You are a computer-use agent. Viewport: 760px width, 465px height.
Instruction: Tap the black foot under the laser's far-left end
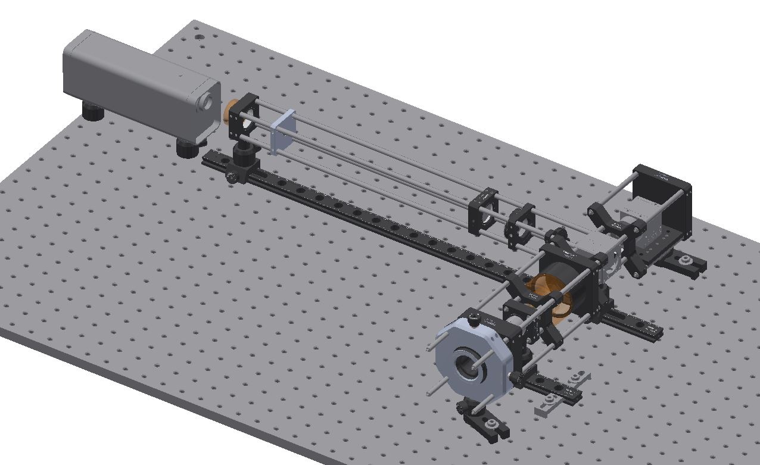92,112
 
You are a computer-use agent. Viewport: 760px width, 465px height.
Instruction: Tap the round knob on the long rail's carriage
231,176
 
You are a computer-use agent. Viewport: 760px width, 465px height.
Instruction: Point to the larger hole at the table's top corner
198,36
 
